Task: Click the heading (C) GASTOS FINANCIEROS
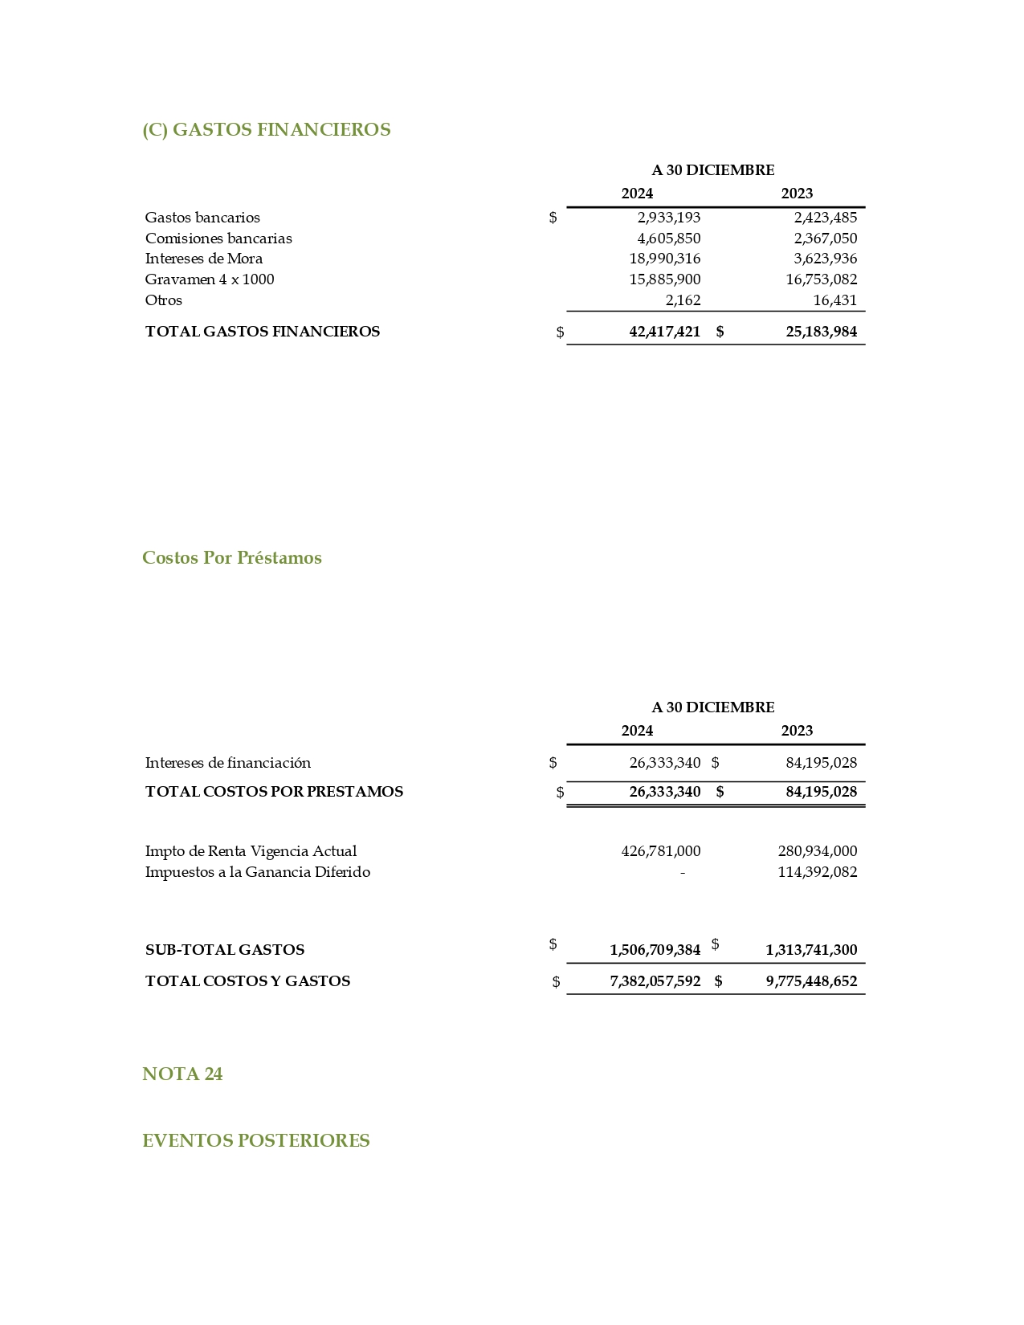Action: click(x=266, y=130)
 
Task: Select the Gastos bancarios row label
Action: click(x=202, y=218)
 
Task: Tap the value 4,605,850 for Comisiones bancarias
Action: click(x=668, y=238)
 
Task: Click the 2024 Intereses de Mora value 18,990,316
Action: click(x=664, y=259)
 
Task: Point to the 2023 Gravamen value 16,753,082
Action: click(x=821, y=279)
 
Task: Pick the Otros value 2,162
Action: click(x=683, y=300)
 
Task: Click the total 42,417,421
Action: click(x=664, y=332)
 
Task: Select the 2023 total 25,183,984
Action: click(x=821, y=332)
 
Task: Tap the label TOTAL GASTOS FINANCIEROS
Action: click(x=262, y=332)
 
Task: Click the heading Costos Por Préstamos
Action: click(x=231, y=558)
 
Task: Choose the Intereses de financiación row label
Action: click(x=227, y=763)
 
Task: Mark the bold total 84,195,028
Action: click(x=821, y=792)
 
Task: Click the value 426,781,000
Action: click(x=660, y=851)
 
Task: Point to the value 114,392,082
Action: click(x=817, y=872)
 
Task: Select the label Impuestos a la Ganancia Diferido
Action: click(x=257, y=872)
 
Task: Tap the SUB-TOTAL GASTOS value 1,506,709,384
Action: click(x=655, y=950)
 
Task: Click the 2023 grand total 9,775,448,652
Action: click(x=811, y=981)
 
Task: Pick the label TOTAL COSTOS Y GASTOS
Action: click(x=247, y=981)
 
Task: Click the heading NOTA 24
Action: click(x=182, y=1074)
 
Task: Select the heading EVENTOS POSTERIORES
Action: click(x=255, y=1141)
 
